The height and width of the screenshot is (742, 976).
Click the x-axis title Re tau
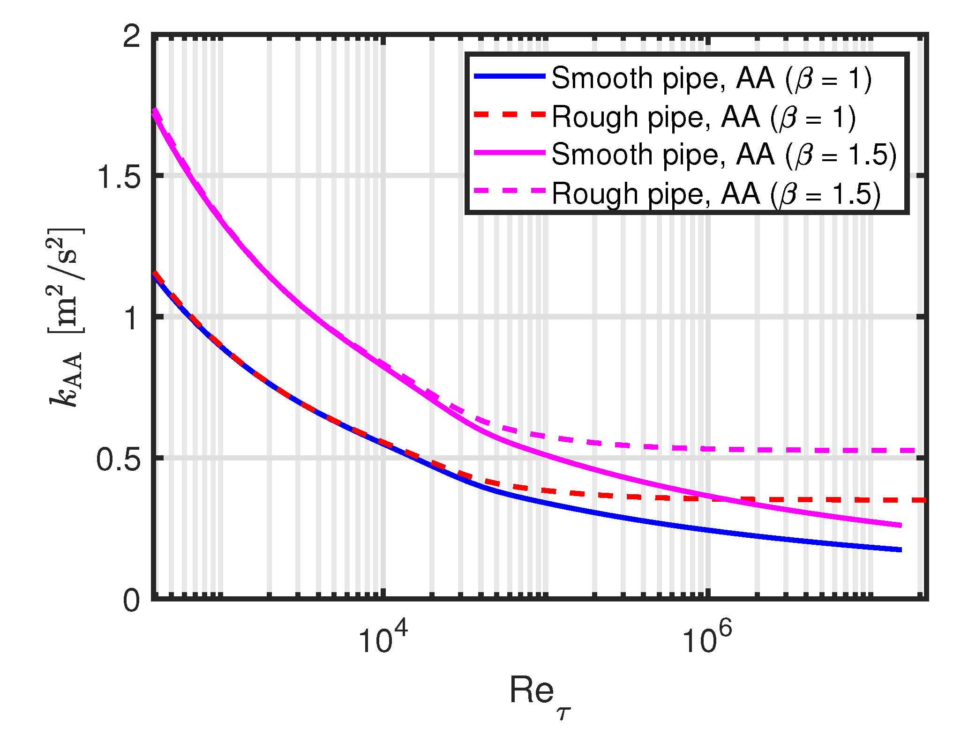(x=539, y=693)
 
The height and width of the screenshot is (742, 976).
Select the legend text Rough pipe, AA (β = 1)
(x=704, y=117)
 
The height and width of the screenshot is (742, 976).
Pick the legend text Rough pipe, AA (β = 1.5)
(x=716, y=193)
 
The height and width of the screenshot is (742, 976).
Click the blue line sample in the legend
(x=510, y=76)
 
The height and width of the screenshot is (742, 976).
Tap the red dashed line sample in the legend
(x=510, y=115)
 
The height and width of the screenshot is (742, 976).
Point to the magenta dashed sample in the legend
(x=510, y=191)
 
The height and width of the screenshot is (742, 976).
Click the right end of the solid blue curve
(x=900, y=549)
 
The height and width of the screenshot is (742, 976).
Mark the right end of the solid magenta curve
(x=900, y=525)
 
